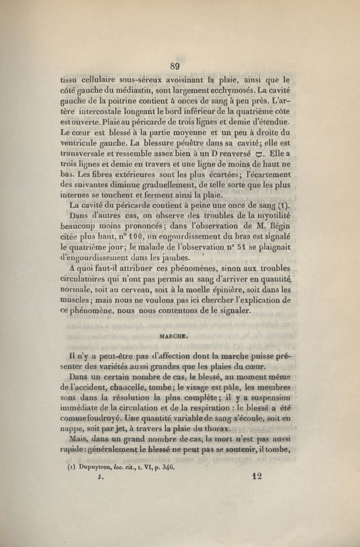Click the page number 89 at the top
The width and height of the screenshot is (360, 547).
[175, 66]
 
